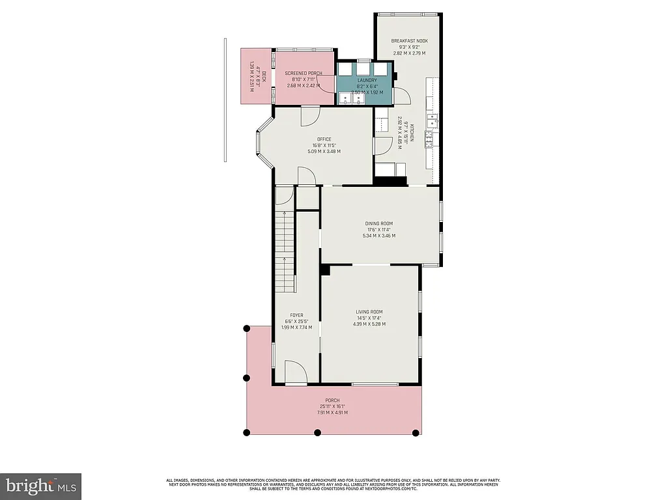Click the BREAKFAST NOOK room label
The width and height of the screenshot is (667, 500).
[408, 41]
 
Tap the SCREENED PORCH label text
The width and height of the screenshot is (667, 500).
[304, 74]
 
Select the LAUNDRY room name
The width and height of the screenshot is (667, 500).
[367, 81]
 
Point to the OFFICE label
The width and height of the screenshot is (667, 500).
[324, 139]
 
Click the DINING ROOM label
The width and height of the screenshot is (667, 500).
[378, 223]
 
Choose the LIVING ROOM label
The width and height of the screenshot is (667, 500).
[369, 312]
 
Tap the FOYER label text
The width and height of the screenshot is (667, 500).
[296, 315]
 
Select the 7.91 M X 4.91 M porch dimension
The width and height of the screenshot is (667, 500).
[333, 412]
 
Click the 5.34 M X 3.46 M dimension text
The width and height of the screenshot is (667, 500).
[378, 236]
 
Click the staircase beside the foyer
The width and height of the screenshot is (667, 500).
[285, 254]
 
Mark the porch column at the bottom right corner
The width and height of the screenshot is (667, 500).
[418, 432]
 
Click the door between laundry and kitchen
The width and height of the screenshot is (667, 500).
[402, 96]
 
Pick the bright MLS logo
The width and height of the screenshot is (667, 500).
[40, 486]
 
